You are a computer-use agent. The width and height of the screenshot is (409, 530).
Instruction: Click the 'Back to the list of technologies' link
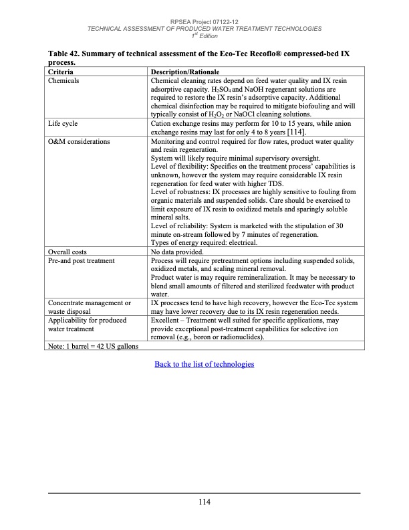click(204, 364)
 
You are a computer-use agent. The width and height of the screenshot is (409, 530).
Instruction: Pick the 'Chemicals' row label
click(64, 80)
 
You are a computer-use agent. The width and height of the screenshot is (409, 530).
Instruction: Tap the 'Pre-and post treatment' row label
click(82, 260)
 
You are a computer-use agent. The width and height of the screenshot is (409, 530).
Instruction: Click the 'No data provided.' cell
click(178, 251)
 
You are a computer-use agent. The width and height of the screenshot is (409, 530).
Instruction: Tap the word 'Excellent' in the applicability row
click(168, 320)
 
